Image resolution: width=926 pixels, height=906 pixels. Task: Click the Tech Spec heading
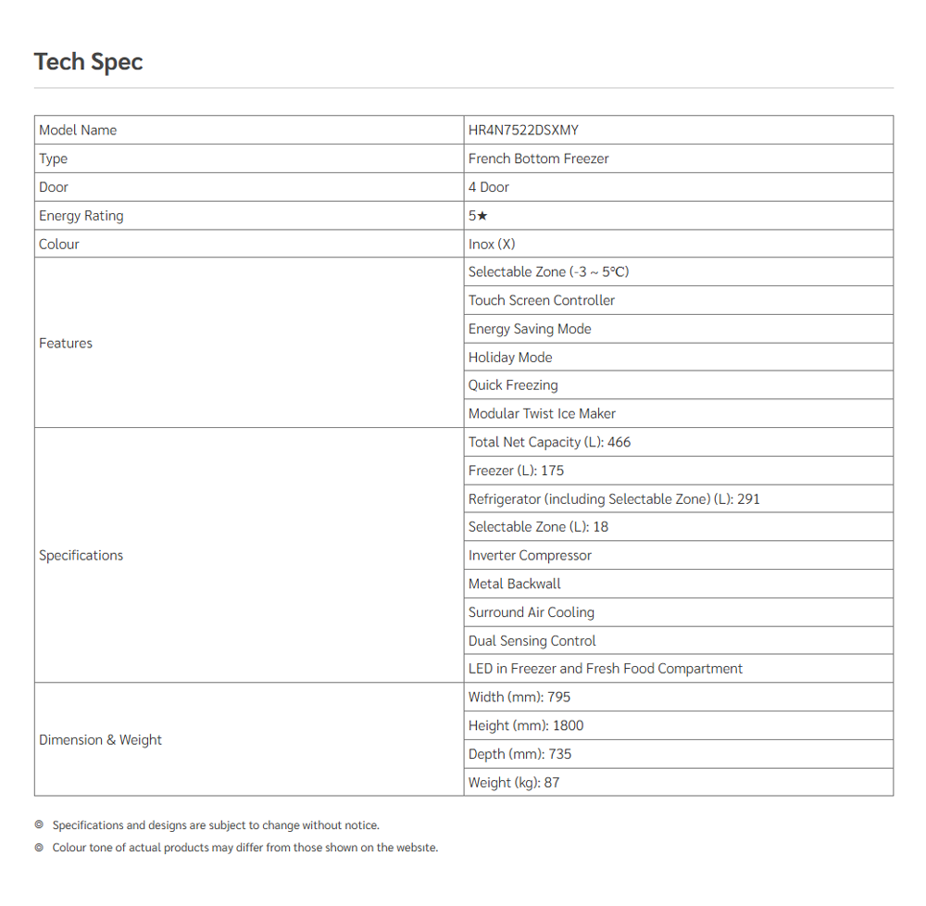(x=88, y=62)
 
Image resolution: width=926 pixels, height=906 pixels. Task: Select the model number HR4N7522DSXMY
(x=523, y=130)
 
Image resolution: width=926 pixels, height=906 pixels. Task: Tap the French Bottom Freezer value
(x=538, y=158)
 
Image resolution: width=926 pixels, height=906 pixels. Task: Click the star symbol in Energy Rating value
(x=482, y=216)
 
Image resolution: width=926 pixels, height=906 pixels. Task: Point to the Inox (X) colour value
(x=492, y=244)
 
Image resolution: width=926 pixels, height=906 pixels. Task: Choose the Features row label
(x=66, y=343)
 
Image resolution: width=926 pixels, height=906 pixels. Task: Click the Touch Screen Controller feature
(x=541, y=300)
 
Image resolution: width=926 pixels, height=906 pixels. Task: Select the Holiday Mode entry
(x=509, y=357)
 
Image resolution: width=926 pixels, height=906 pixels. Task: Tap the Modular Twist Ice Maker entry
(x=542, y=413)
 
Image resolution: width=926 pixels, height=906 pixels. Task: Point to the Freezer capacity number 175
(x=552, y=471)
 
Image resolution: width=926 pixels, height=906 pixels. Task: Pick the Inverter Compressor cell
(x=530, y=555)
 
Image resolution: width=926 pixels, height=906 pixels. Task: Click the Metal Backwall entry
(x=514, y=584)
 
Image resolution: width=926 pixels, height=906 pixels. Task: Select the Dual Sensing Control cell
(x=532, y=640)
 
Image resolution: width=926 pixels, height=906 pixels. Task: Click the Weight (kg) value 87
(x=552, y=782)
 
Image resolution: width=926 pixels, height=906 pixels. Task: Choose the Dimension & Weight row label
(x=100, y=739)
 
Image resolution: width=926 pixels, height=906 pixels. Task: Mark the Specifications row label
(x=81, y=555)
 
